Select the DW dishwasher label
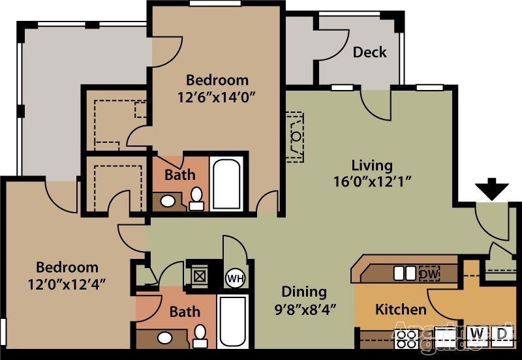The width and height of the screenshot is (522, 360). (429, 273)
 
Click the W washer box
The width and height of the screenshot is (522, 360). (478, 334)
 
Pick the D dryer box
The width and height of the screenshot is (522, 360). (501, 334)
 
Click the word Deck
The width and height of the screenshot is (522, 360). (370, 52)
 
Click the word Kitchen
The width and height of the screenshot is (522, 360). (401, 309)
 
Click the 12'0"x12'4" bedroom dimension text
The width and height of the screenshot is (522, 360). (67, 284)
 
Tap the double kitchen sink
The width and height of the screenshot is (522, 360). (405, 273)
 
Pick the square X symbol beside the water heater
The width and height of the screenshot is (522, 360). (199, 277)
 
